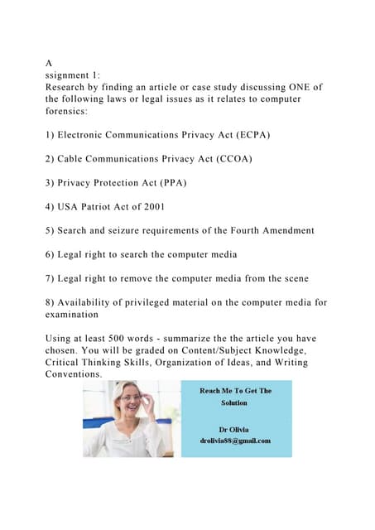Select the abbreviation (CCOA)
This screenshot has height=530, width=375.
point(230,158)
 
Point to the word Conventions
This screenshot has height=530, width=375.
point(73,374)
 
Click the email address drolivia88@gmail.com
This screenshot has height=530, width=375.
point(233,441)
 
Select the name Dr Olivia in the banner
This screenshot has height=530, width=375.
point(233,430)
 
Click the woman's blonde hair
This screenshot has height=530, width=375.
point(116,389)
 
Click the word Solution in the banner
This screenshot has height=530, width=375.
point(233,402)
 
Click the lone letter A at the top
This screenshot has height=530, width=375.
point(49,61)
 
